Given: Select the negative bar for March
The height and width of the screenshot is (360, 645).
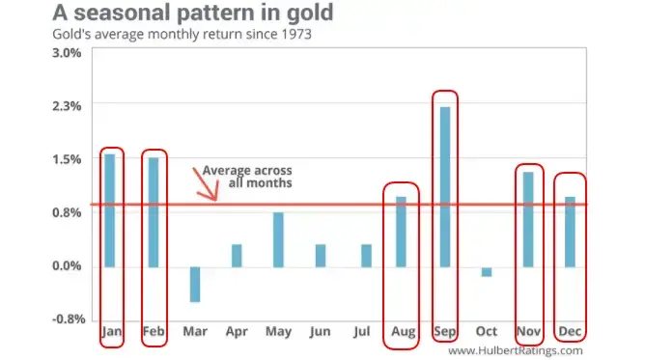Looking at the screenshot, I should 195,284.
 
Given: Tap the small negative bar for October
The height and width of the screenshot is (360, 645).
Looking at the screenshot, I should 487,271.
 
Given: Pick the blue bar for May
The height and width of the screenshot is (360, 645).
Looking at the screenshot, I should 278,239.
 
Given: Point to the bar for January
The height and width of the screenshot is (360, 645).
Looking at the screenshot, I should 109,210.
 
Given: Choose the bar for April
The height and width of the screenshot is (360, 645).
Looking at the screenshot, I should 237,256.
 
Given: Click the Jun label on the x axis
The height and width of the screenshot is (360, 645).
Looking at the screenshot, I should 320,332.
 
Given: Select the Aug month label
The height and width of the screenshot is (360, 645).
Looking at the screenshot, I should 403,332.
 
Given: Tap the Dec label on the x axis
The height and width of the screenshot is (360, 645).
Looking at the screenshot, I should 570,332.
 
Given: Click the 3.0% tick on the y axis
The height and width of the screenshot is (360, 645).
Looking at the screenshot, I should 67,52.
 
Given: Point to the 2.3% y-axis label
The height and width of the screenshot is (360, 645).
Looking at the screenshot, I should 67,105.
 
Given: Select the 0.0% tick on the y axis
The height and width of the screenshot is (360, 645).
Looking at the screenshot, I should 67,266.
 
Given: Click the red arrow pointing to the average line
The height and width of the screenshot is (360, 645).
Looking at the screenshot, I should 207,183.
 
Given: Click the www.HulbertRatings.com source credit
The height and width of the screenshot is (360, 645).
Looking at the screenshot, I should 516,350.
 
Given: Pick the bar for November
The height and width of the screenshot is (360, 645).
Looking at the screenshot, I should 528,219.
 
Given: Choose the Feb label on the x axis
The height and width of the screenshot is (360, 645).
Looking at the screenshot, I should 154,332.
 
